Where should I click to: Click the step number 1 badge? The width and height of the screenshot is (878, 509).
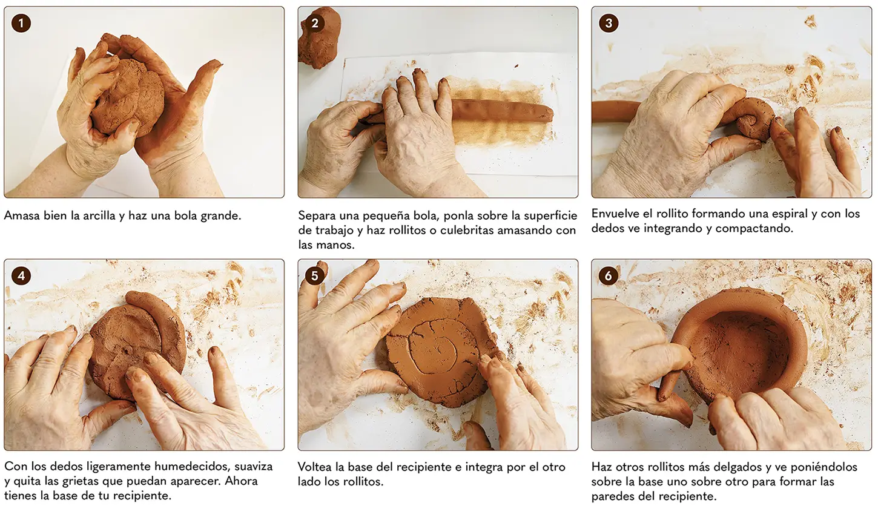[x=21, y=24]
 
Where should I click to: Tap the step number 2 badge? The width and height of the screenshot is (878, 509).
[x=315, y=24]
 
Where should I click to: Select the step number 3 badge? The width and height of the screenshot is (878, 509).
[x=609, y=24]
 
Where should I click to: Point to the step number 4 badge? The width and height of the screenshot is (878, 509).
[x=21, y=276]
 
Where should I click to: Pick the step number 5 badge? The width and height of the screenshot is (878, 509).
[x=315, y=276]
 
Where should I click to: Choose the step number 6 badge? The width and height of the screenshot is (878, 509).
[x=609, y=276]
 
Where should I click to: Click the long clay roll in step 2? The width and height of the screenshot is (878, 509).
[x=498, y=111]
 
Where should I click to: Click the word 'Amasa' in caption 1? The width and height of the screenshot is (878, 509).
[x=22, y=215]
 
